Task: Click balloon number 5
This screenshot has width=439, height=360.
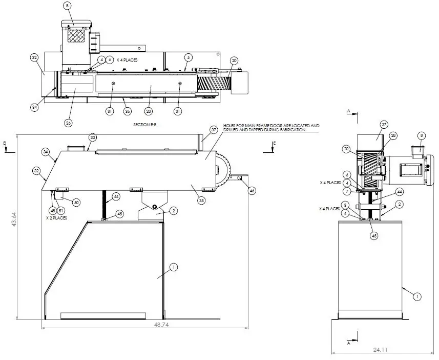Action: (189, 56)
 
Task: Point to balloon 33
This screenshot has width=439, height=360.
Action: (93, 137)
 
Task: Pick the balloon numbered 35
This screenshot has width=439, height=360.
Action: (201, 201)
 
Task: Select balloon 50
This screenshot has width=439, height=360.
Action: (76, 203)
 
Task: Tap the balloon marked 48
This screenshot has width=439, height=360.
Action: (52, 210)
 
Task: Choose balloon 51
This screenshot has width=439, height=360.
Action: (61, 210)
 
